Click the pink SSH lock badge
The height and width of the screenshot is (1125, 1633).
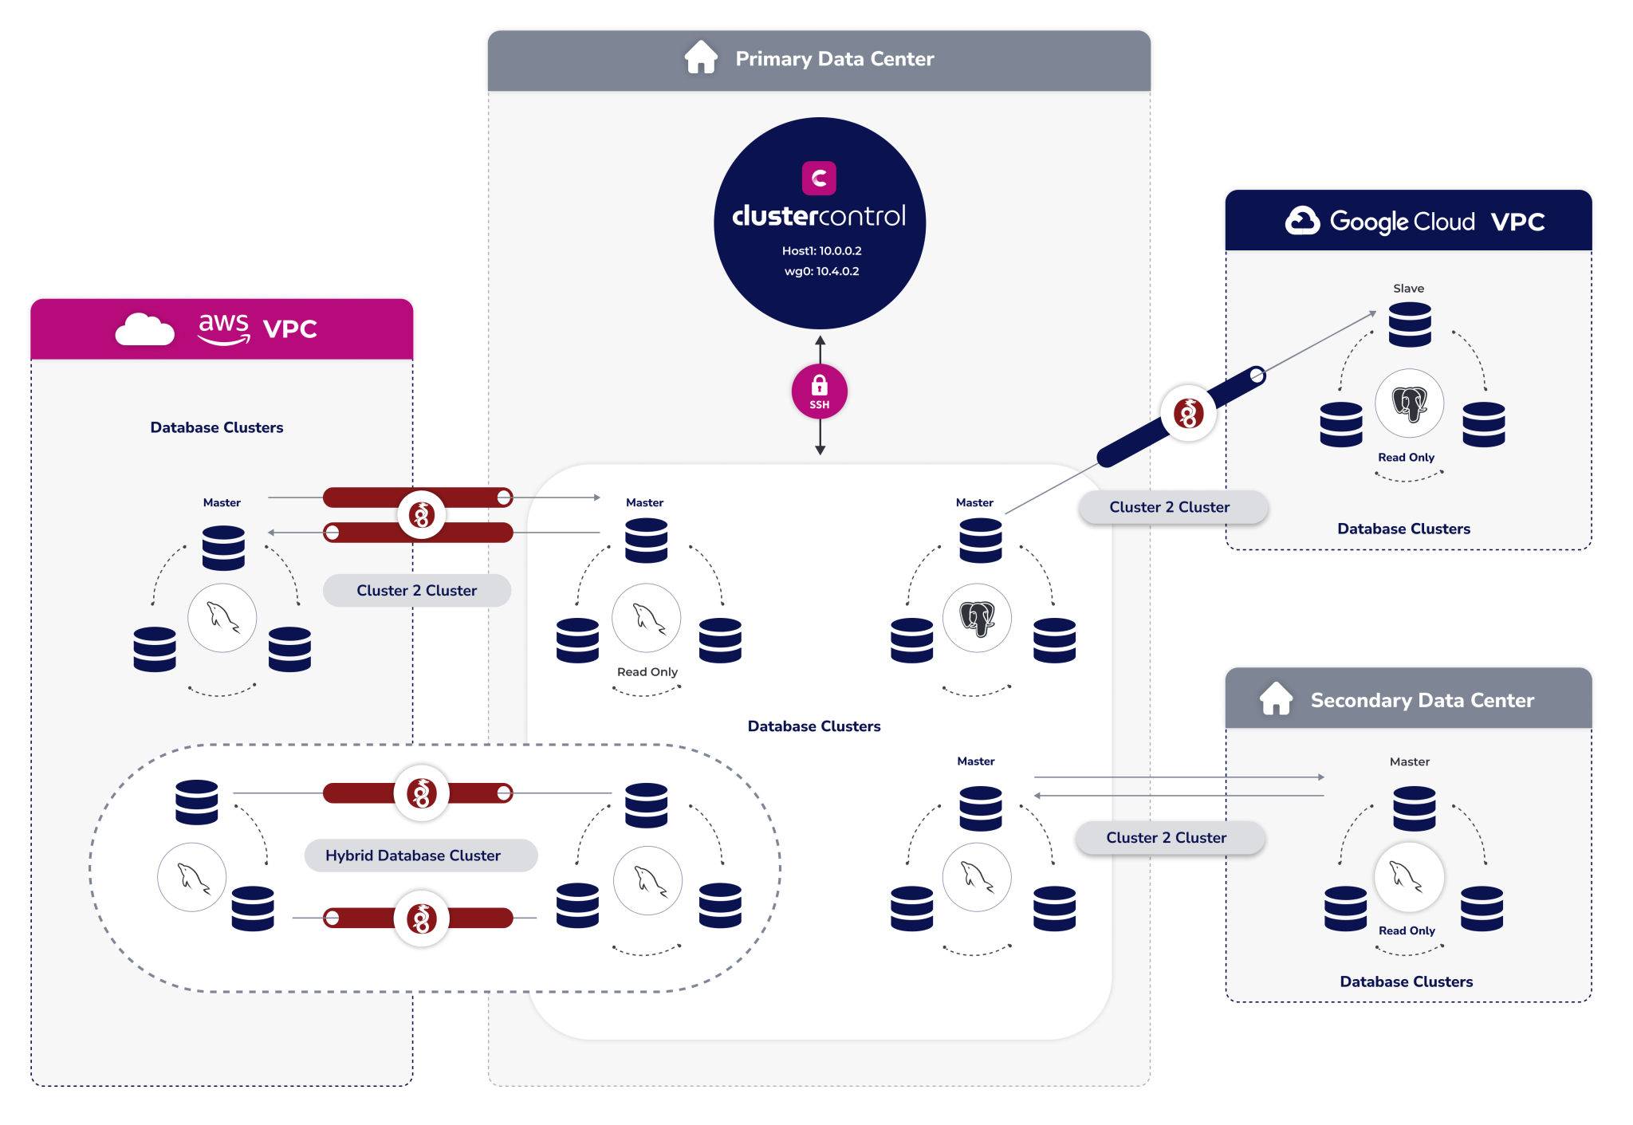click(x=819, y=391)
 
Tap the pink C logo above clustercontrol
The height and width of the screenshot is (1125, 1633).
click(x=819, y=178)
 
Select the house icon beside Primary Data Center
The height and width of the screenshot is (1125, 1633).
click(x=701, y=57)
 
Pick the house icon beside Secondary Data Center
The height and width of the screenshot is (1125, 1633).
click(x=1276, y=699)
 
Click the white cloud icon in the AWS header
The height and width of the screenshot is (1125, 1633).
click(x=144, y=329)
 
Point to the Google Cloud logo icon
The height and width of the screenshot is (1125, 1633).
click(x=1302, y=221)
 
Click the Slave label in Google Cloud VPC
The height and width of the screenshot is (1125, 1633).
click(x=1408, y=289)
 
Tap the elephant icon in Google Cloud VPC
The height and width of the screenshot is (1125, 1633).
click(x=1409, y=403)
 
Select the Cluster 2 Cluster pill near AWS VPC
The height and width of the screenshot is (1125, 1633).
click(x=416, y=591)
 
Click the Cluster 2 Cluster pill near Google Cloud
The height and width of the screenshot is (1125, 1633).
click(x=1169, y=507)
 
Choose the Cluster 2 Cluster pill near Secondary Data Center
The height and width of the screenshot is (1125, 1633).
click(x=1166, y=838)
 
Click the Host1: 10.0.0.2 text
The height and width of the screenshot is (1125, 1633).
click(x=821, y=250)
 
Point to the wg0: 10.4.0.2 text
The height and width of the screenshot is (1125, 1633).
click(x=821, y=271)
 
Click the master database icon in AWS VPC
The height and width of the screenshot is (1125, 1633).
click(x=223, y=548)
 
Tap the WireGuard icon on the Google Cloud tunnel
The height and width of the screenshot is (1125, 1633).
click(x=1188, y=413)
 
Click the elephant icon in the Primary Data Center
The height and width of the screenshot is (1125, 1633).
click(x=977, y=618)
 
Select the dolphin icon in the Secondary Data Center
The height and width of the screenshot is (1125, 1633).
click(x=1408, y=876)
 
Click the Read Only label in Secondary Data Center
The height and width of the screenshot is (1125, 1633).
click(x=1407, y=930)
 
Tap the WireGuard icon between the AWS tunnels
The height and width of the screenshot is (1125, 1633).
click(x=421, y=515)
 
